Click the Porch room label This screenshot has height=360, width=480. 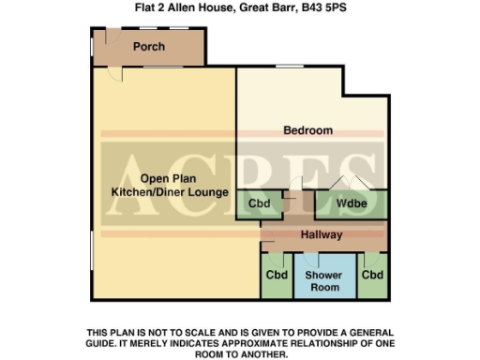click(x=149, y=47)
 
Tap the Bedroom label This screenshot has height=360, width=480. click(x=308, y=130)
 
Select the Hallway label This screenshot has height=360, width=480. click(x=322, y=234)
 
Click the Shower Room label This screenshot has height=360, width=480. click(x=323, y=281)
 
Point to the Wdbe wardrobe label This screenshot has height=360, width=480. click(x=352, y=203)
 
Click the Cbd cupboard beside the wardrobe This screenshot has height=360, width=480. click(x=259, y=203)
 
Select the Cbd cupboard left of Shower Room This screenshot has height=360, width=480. click(x=277, y=276)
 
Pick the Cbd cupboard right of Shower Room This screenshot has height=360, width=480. click(x=373, y=276)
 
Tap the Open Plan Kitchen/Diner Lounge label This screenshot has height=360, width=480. click(x=164, y=186)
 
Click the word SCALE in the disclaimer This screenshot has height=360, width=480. click(x=202, y=333)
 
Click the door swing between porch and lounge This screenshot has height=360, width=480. click(x=113, y=73)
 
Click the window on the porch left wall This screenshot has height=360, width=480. click(x=91, y=45)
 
